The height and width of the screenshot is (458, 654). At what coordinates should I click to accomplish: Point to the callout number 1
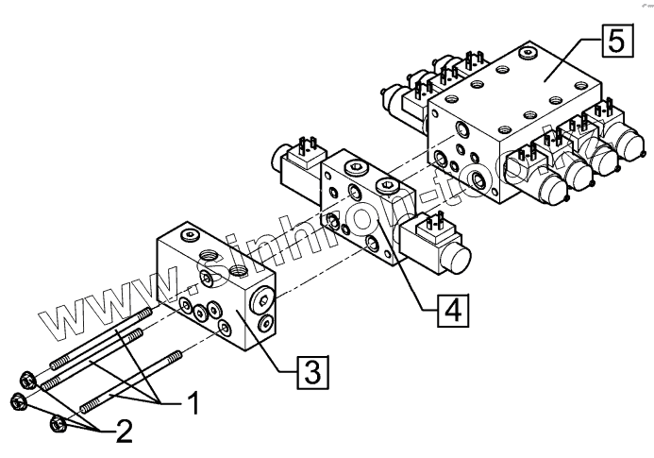(191, 404)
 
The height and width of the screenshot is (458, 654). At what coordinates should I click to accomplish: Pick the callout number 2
(124, 433)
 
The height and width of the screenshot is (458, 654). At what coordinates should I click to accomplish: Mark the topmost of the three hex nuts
(27, 382)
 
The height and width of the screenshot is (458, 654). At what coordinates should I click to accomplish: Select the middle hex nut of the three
(18, 403)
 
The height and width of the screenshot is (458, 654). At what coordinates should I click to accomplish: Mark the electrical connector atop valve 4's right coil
(436, 223)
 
